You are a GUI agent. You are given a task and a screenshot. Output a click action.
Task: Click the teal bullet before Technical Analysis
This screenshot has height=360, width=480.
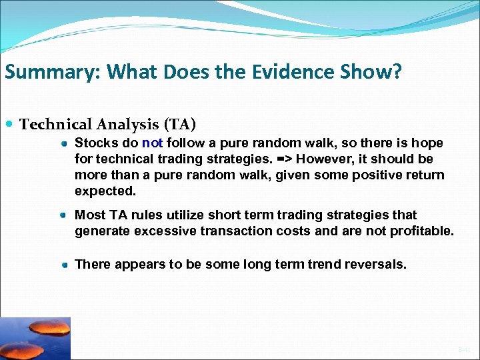click(x=11, y=125)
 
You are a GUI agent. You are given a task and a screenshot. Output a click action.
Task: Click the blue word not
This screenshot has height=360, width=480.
click(x=152, y=143)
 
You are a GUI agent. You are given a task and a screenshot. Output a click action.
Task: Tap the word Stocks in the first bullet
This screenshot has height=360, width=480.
click(x=94, y=143)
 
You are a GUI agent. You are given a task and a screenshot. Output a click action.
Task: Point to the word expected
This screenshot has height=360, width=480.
click(x=105, y=191)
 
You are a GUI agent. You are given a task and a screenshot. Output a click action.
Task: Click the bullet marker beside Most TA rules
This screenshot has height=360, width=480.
click(x=64, y=215)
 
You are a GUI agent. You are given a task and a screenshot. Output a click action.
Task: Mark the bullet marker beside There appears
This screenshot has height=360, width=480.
click(x=64, y=265)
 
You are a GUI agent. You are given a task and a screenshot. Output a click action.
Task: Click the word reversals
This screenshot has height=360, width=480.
click(x=375, y=264)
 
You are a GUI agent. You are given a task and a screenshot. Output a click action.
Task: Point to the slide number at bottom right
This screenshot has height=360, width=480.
click(x=464, y=349)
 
